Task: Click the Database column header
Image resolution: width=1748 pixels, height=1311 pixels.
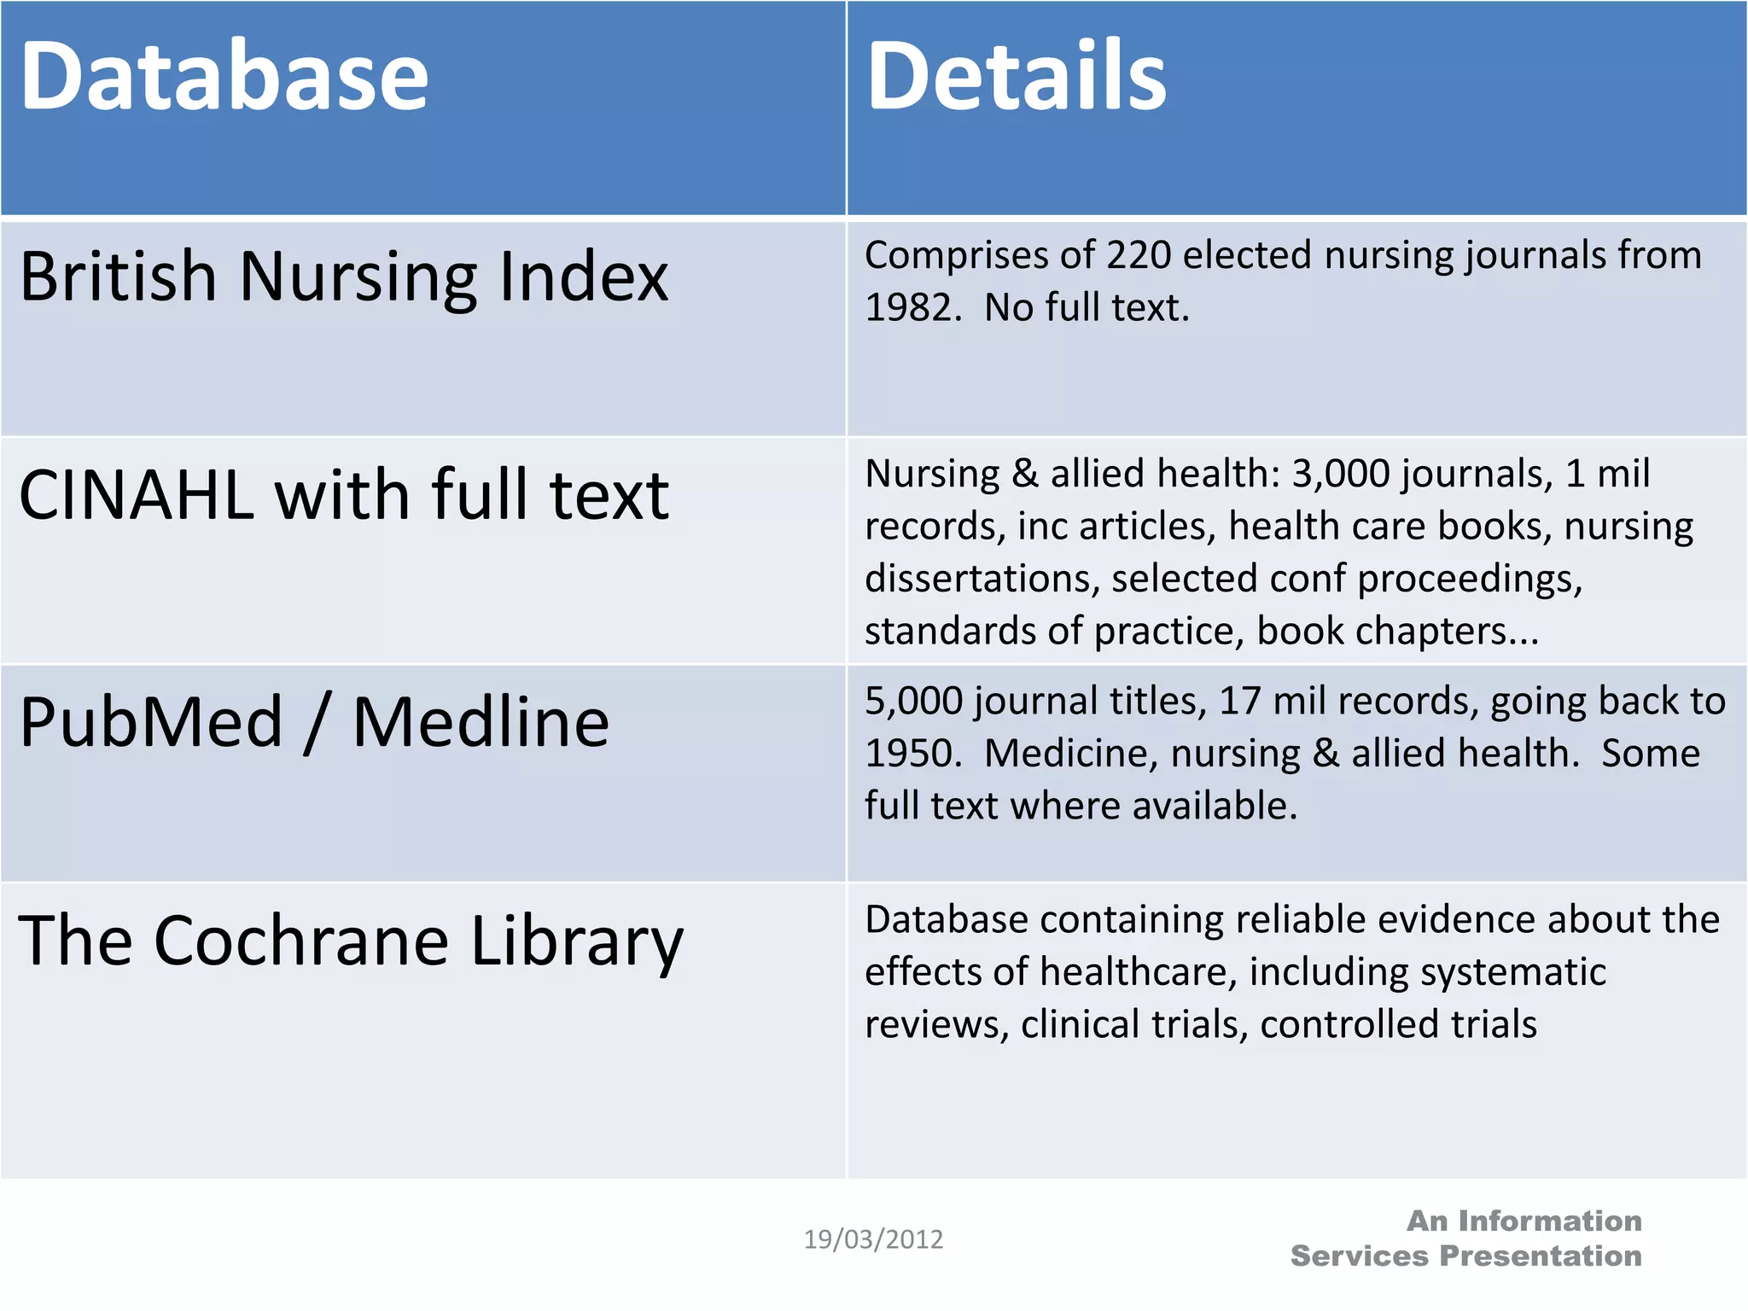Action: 224,77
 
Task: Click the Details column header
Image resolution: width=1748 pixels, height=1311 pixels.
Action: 1016,77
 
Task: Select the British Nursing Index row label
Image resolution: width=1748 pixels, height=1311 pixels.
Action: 344,277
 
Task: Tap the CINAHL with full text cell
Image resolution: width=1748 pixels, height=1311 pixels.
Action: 344,495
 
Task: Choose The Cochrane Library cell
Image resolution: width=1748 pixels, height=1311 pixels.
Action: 351,941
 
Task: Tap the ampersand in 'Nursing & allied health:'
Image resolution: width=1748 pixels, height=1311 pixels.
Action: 1024,474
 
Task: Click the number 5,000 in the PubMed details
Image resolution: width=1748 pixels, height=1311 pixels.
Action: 914,702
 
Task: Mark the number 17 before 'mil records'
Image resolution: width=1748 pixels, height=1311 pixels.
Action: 1239,702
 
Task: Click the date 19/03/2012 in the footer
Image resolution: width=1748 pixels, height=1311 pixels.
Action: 873,1239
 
